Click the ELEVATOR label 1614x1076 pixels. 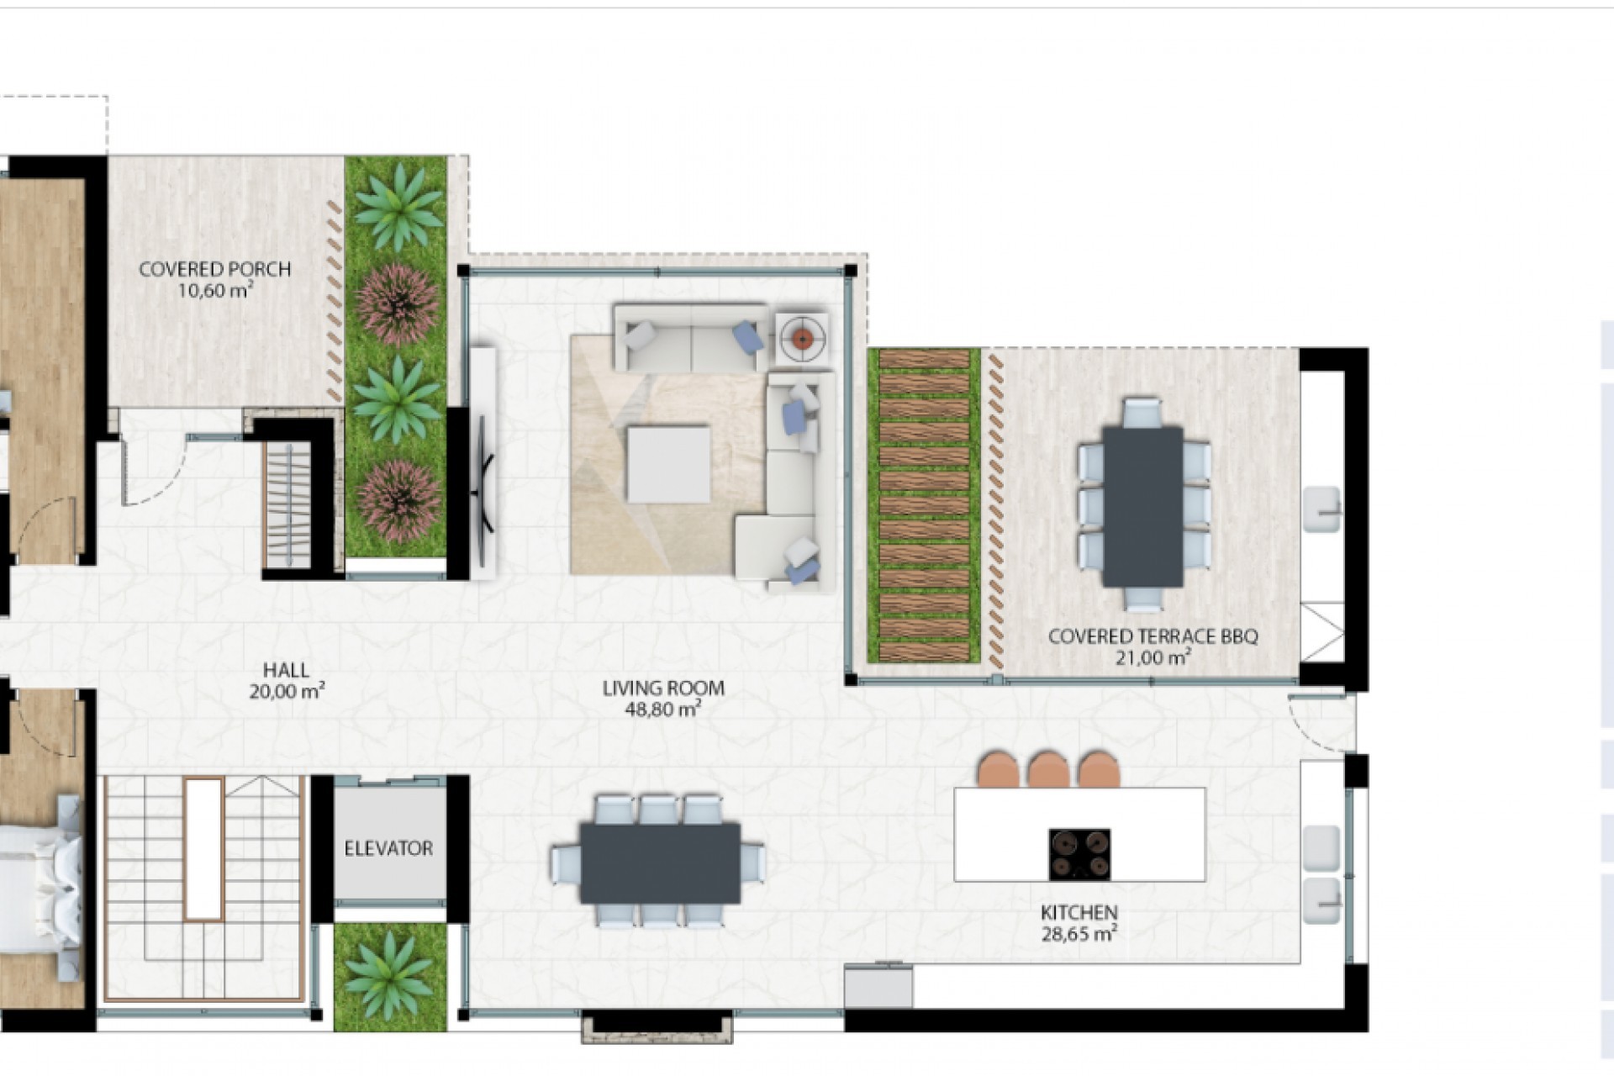[388, 848]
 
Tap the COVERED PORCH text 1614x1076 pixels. [215, 270]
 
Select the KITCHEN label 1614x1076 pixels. [1079, 912]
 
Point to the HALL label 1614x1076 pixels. [286, 671]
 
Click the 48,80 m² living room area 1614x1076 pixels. [662, 709]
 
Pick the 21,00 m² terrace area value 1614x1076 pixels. [1152, 657]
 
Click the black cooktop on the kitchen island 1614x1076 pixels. [1079, 854]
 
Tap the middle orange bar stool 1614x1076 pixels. [1048, 768]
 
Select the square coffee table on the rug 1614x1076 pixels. [668, 465]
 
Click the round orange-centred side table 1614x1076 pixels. [803, 339]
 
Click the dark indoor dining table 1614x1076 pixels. [660, 862]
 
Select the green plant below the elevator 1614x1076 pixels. [389, 977]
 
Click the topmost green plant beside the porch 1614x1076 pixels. [397, 206]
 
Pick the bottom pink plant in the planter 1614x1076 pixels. [398, 500]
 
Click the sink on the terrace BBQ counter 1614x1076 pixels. [1321, 509]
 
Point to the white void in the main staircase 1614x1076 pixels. [203, 849]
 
